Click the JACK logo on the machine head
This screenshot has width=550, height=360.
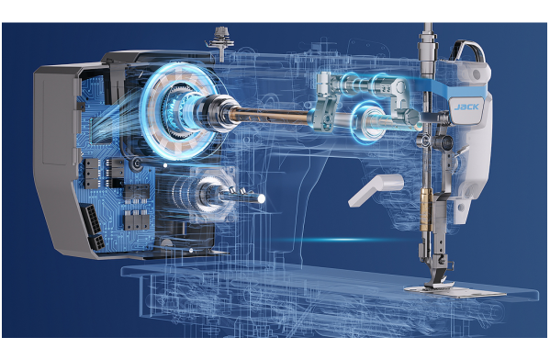(466, 107)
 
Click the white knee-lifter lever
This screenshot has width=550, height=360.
(376, 190)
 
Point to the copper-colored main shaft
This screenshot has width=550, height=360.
(270, 116)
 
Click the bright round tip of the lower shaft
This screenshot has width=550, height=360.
(261, 198)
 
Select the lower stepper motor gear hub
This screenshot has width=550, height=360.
(208, 192)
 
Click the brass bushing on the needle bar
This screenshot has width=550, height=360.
(426, 209)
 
